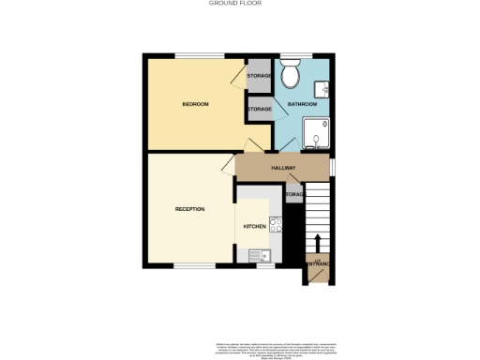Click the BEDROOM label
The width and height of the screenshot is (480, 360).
[x=195, y=103]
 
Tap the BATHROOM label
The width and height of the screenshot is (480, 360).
[x=301, y=104]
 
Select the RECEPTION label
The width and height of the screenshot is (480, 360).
[x=190, y=208]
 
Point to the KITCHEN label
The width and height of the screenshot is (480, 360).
[x=254, y=227]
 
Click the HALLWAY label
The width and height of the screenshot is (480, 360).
[x=283, y=168]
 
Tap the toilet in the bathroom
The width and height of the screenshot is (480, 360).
[x=292, y=73]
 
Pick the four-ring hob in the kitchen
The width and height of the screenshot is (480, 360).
[x=276, y=224]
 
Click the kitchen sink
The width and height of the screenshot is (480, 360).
[x=258, y=254]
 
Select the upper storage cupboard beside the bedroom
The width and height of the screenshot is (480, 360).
[x=259, y=76]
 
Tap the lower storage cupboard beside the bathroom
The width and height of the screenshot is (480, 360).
[x=259, y=110]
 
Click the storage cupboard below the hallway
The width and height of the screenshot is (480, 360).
[x=293, y=194]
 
